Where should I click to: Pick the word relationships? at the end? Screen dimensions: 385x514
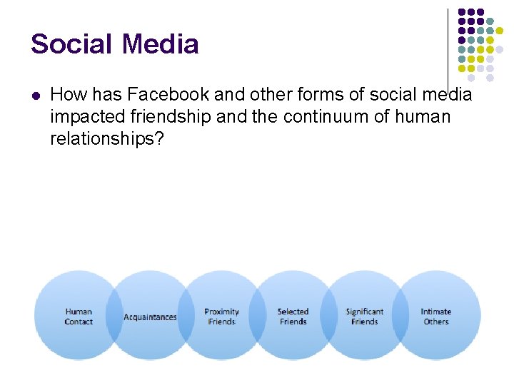pyautogui.click(x=106, y=138)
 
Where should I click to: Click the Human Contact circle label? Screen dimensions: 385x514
pyautogui.click(x=79, y=317)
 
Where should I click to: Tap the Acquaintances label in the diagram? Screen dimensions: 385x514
pyautogui.click(x=150, y=317)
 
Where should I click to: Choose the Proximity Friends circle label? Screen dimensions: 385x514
pyautogui.click(x=221, y=317)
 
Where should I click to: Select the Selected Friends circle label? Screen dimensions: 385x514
pyautogui.click(x=293, y=317)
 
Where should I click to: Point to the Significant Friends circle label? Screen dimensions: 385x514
pyautogui.click(x=364, y=317)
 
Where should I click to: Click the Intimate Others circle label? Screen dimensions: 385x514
pyautogui.click(x=435, y=317)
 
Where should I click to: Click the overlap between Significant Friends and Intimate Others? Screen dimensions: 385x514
pyautogui.click(x=400, y=317)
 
